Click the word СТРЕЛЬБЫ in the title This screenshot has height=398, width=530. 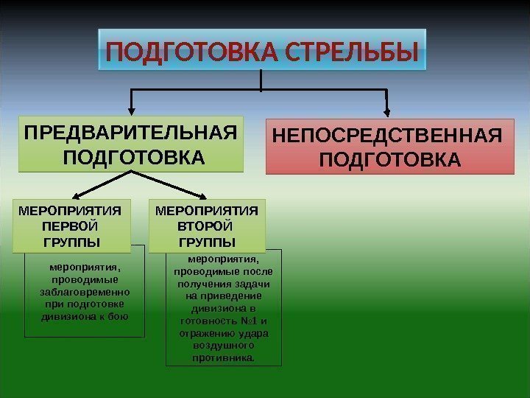(351, 53)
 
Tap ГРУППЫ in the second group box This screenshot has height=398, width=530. (207, 241)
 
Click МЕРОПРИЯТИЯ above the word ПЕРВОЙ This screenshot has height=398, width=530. (69, 210)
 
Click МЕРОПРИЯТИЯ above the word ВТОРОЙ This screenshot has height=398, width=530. (207, 210)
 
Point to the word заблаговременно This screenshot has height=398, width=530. (85, 293)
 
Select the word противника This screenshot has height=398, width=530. (223, 357)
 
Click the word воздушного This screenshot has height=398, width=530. (223, 346)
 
